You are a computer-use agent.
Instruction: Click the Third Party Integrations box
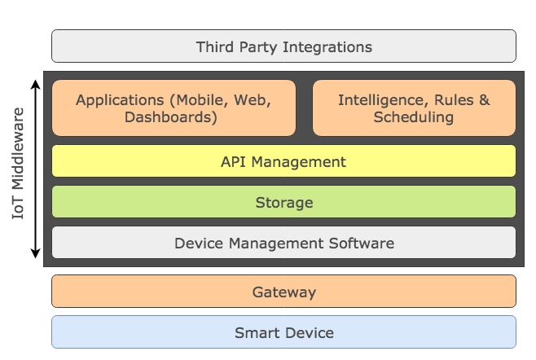coord(283,46)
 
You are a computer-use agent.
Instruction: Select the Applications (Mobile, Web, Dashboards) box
coord(174,108)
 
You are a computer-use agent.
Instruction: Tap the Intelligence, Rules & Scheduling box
coord(414,108)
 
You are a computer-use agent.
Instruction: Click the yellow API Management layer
coord(283,161)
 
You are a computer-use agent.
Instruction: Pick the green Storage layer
coord(283,202)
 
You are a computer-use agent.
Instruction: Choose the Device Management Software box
coord(283,243)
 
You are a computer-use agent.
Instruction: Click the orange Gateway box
coord(283,292)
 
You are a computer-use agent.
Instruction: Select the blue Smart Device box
coord(283,332)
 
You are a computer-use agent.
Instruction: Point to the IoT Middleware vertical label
coord(18,163)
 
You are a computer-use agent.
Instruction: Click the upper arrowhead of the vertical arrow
coord(35,84)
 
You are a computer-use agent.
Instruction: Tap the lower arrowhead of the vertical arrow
coord(35,253)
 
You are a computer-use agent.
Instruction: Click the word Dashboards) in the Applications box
coord(170,117)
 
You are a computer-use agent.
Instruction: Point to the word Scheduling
coord(414,117)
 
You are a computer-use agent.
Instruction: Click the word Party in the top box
coord(258,47)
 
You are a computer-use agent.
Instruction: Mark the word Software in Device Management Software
coord(362,244)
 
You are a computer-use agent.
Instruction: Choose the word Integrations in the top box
coord(327,47)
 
